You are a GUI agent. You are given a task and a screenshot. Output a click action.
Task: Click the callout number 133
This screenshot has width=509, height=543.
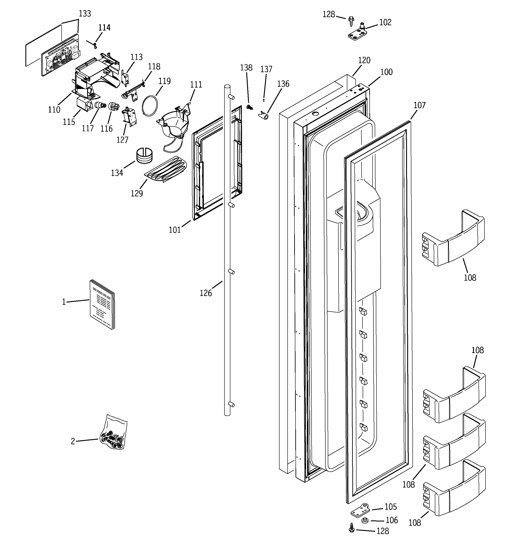tap(85, 14)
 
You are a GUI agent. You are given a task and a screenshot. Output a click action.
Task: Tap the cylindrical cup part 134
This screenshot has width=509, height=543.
tap(145, 156)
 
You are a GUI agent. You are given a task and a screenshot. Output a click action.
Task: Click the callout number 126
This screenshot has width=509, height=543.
tap(206, 293)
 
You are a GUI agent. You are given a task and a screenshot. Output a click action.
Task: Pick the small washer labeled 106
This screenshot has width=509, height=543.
tap(364, 520)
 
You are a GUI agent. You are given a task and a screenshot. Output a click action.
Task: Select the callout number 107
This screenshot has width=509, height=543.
tap(419, 105)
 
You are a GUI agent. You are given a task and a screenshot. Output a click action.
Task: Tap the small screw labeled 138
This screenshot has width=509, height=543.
tap(249, 107)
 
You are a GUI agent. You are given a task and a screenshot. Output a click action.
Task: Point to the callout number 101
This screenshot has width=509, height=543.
tap(175, 230)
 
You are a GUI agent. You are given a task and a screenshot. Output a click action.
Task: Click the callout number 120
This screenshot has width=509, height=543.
tap(364, 60)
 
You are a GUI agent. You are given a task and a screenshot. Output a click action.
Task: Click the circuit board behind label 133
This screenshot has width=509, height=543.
tap(61, 57)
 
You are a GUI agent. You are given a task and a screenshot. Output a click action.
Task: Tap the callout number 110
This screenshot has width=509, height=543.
tap(54, 110)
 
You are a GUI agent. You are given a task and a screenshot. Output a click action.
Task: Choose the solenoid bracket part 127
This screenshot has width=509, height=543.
tap(129, 116)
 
